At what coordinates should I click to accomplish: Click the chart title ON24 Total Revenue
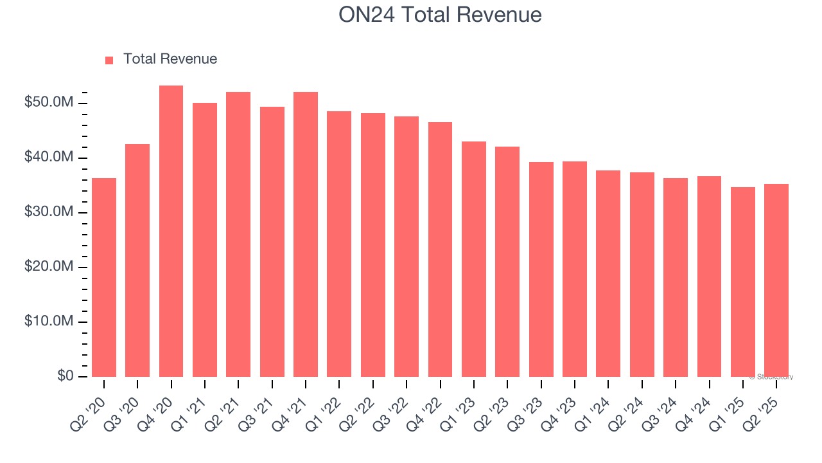(440, 15)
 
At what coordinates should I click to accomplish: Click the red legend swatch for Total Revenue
(109, 60)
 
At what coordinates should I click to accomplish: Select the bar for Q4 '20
(171, 231)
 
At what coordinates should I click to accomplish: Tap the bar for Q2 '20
(104, 277)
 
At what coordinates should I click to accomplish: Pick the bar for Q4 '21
(306, 234)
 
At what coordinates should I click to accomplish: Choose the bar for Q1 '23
(473, 259)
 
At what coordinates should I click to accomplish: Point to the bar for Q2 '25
(776, 280)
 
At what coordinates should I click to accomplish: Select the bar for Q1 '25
(742, 282)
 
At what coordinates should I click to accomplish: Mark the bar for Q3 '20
(137, 260)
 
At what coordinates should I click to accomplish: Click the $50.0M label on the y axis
(49, 104)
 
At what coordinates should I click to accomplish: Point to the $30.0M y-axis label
(49, 212)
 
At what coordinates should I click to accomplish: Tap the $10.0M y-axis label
(49, 322)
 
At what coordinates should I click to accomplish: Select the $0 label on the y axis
(65, 376)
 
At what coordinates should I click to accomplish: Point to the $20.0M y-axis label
(49, 267)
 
